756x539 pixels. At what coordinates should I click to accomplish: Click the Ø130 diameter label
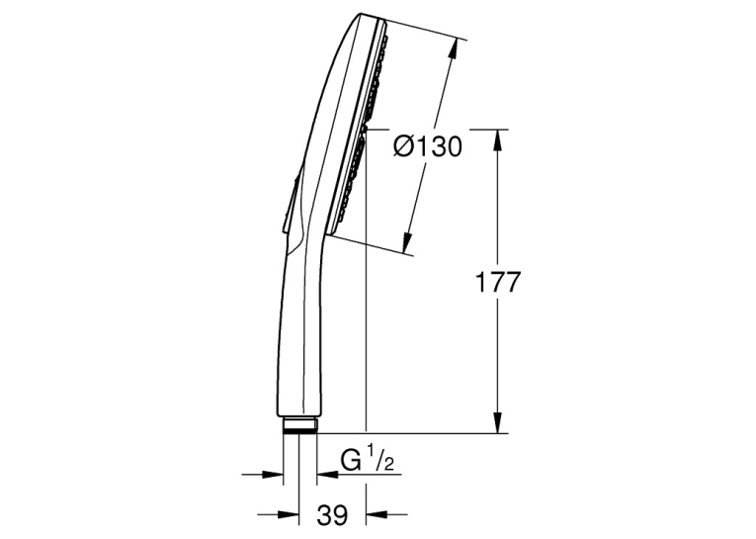pos(428,145)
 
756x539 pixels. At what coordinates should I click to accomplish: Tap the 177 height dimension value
pos(498,282)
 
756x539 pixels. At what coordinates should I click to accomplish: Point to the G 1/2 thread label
pos(368,460)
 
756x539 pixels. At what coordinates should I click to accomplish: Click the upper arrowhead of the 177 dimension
pos(498,139)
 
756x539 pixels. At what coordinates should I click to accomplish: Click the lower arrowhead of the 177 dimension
pos(498,422)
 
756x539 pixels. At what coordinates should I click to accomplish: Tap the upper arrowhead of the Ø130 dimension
pos(452,48)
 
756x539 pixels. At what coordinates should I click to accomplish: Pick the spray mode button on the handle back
pos(290,203)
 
